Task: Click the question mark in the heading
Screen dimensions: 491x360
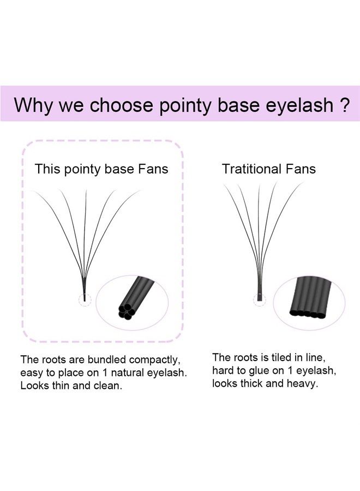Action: coord(343,104)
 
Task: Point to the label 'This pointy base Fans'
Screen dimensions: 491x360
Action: coord(101,169)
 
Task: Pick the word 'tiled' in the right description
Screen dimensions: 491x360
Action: coord(281,358)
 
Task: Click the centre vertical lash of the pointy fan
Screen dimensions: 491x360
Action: coord(85,235)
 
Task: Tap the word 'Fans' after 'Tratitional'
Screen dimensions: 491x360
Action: coord(301,169)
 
